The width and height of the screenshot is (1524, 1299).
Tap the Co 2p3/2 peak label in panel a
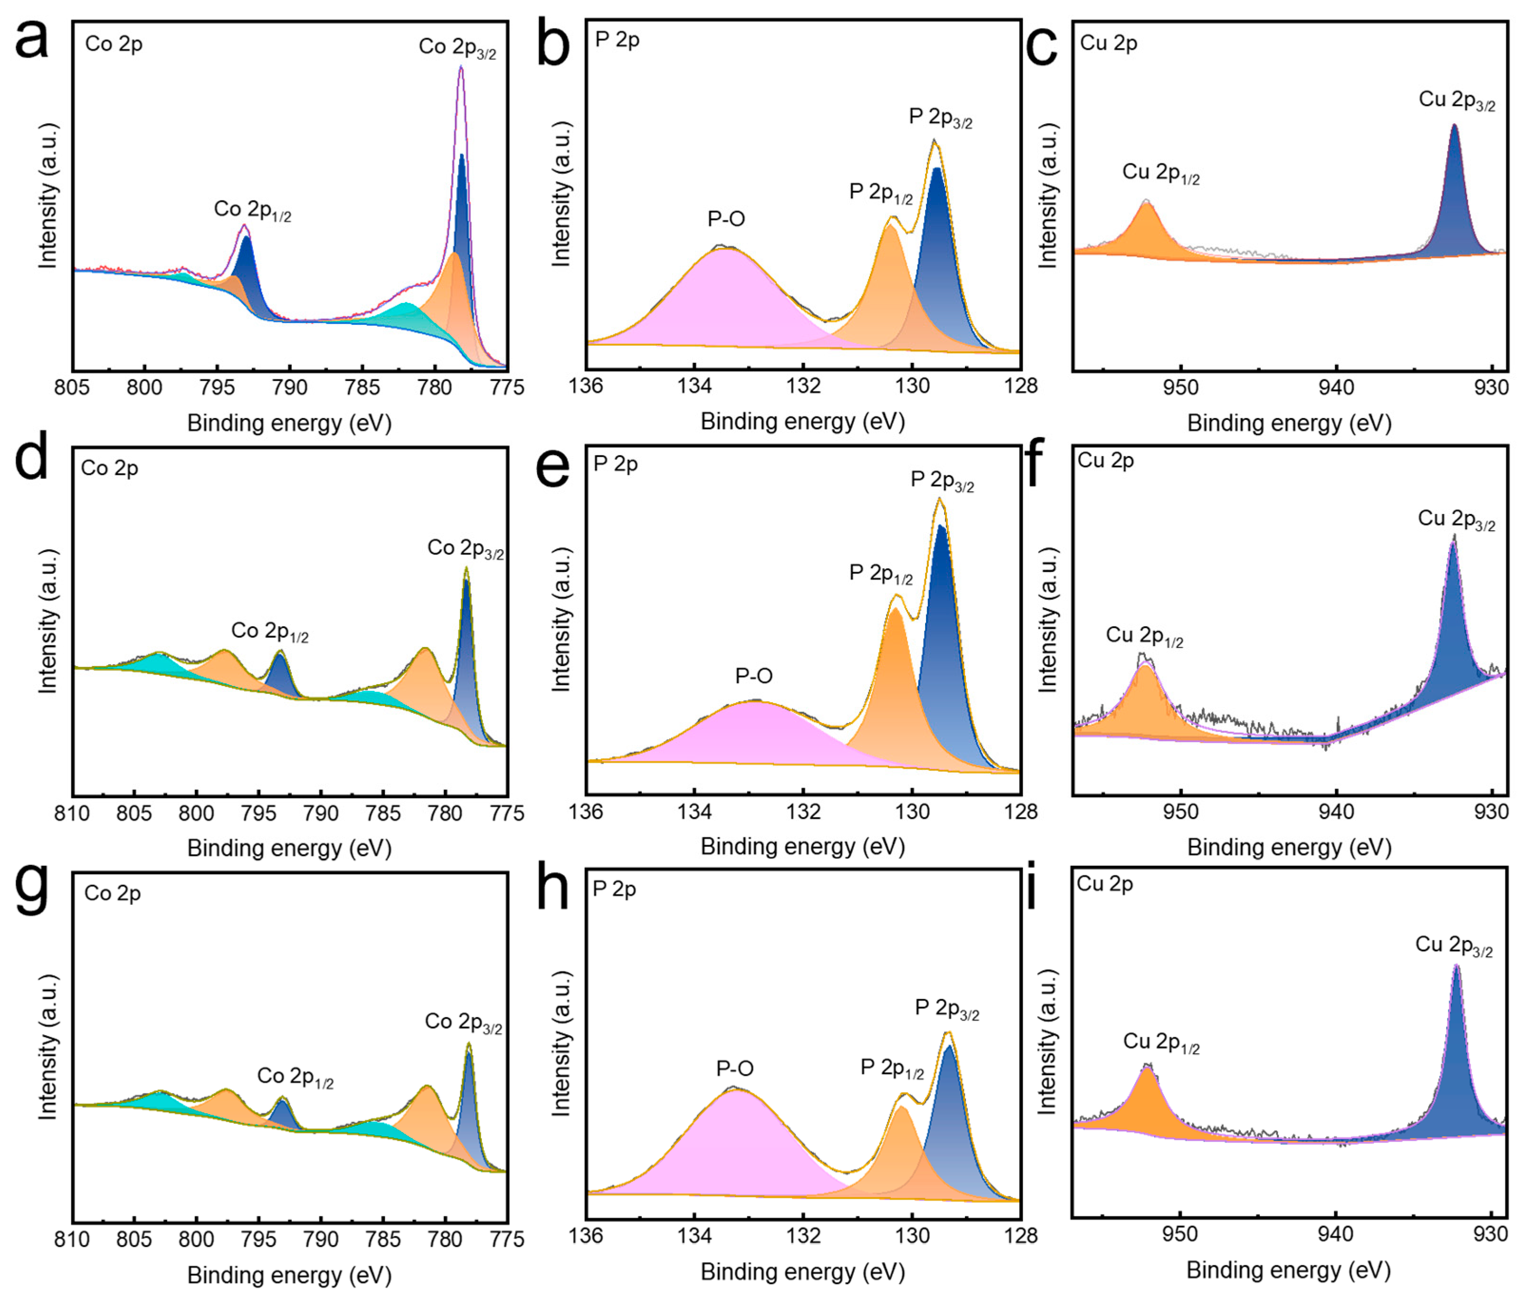[457, 48]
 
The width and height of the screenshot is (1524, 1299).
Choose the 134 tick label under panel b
[694, 386]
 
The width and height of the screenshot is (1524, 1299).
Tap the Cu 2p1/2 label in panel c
[1160, 174]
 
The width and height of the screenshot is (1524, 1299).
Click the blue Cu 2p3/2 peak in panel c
[1453, 206]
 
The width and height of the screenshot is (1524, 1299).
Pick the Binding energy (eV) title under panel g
[289, 1275]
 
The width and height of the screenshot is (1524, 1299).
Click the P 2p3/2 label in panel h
[946, 1009]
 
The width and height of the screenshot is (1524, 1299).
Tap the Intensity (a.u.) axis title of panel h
[560, 1043]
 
